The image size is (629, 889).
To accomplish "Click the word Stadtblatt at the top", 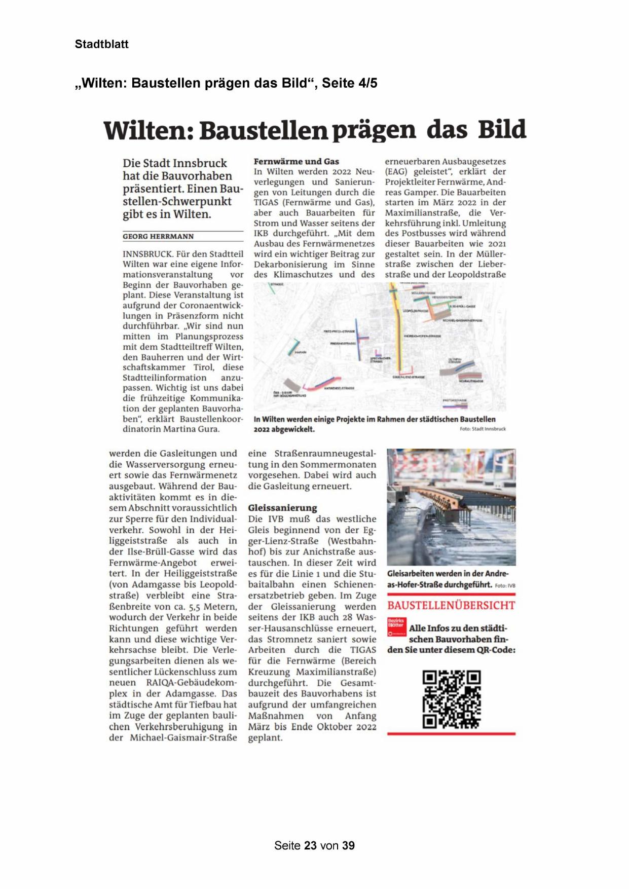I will tap(101, 44).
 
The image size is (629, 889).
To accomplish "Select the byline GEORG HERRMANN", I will tap(158, 237).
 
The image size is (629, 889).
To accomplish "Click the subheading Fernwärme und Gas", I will tap(296, 161).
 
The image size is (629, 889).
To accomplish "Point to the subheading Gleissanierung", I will tap(282, 508).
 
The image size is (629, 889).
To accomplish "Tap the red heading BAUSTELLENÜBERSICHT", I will tap(451, 605).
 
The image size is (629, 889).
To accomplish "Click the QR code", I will tap(451, 699).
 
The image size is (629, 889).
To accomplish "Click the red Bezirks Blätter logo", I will tap(396, 627).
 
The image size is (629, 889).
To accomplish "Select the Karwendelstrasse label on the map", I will tap(339, 388).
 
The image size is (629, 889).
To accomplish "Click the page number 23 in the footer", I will tap(311, 845).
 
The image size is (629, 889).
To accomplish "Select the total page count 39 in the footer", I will tap(348, 845).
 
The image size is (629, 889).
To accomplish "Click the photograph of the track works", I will tap(451, 507).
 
